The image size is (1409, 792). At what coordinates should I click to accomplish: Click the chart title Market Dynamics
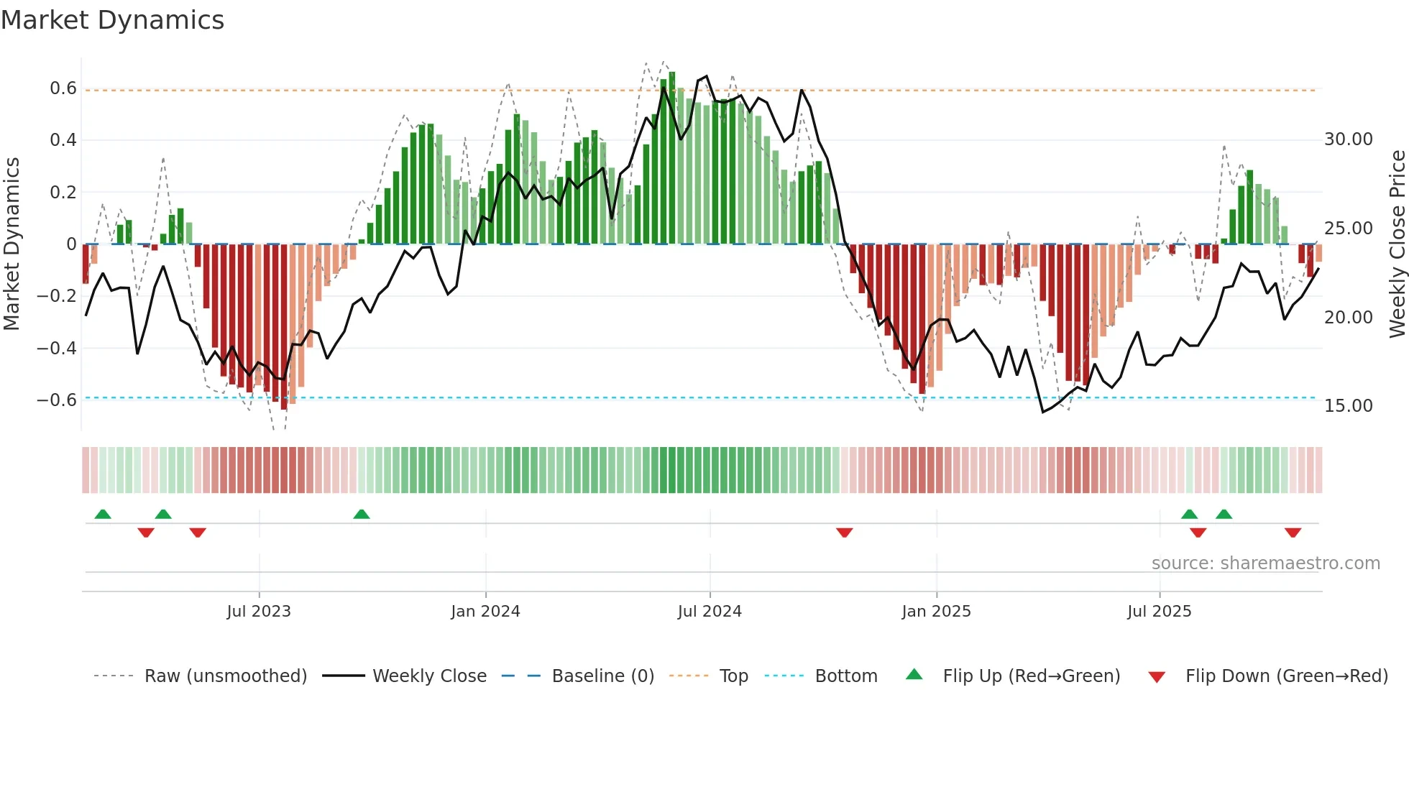point(112,20)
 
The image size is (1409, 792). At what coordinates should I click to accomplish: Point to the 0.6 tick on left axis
point(63,88)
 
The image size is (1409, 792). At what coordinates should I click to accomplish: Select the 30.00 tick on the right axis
point(1348,139)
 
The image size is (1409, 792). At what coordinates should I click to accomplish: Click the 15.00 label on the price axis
point(1348,406)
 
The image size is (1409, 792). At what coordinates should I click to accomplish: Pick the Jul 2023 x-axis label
point(259,612)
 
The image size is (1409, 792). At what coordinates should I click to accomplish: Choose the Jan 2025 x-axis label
point(936,612)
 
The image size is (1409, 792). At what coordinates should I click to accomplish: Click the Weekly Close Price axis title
point(1397,244)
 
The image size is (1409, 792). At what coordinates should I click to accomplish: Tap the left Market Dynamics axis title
point(12,244)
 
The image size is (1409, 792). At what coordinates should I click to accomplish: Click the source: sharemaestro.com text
point(1265,563)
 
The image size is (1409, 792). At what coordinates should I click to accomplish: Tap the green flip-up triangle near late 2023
point(362,515)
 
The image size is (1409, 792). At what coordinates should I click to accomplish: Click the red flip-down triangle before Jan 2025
point(845,533)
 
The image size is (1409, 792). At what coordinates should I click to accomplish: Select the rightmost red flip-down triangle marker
point(1293,533)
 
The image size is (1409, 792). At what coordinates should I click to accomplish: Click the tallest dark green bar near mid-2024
point(672,158)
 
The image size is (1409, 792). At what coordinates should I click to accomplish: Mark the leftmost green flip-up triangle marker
point(103,515)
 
